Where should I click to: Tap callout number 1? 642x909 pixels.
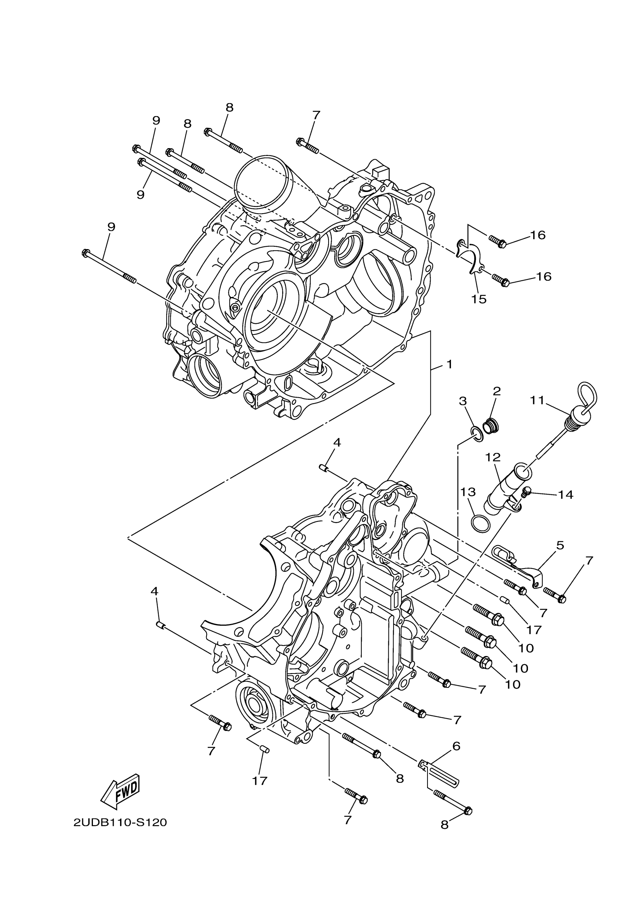(449, 364)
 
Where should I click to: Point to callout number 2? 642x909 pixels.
(497, 391)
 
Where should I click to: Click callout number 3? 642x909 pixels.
(463, 401)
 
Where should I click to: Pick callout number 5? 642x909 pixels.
(560, 545)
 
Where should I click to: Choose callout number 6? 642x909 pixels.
(456, 746)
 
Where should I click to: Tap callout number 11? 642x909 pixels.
(537, 401)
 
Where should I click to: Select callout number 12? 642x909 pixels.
(493, 457)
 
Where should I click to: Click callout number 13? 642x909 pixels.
(468, 492)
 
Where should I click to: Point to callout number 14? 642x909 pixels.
(566, 494)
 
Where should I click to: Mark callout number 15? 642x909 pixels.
(478, 299)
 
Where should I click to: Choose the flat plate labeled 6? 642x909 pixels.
(439, 770)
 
